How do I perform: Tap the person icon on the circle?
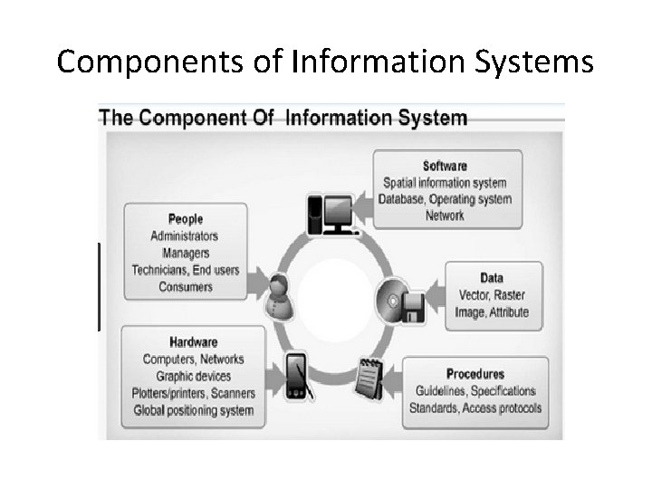pos(282,293)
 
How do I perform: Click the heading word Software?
pos(445,166)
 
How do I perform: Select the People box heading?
pos(186,218)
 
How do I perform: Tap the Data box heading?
pos(492,278)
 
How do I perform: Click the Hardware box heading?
pos(193,342)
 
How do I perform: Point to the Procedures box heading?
pos(475,374)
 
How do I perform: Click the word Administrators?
pos(185,235)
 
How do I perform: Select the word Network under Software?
pos(445,216)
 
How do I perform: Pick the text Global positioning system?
pos(194,410)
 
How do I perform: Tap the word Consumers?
pos(186,287)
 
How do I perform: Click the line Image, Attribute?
pos(492,312)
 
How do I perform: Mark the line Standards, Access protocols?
pos(475,408)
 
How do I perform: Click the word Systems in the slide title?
pos(544,62)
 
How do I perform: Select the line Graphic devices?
pos(194,376)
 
